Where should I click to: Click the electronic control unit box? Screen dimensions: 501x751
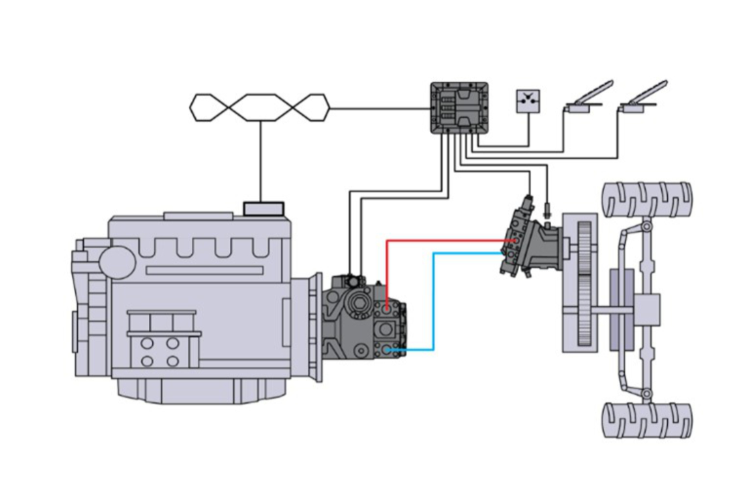(459, 109)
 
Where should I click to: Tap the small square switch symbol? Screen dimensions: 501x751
(528, 101)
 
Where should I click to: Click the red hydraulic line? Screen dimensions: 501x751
(443, 240)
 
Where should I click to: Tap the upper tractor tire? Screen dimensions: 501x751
(646, 199)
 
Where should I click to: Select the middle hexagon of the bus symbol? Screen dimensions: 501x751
(260, 107)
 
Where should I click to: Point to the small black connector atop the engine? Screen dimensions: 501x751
(264, 209)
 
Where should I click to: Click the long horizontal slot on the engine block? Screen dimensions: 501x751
(205, 270)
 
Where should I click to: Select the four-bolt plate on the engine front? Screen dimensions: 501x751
(160, 352)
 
